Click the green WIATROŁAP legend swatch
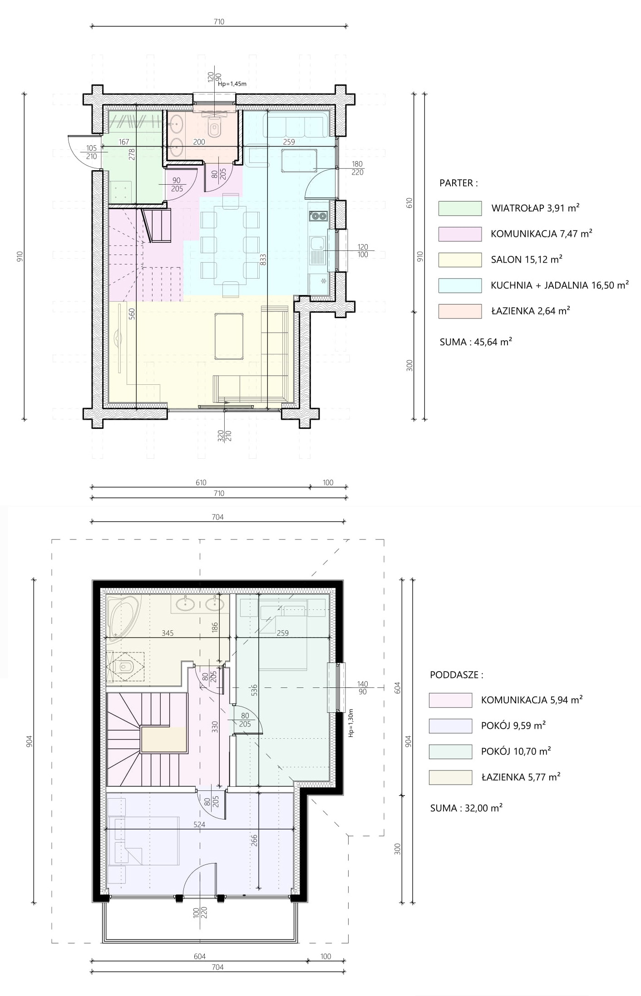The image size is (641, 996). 460,208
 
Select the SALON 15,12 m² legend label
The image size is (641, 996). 527,260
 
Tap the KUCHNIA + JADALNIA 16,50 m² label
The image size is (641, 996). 560,285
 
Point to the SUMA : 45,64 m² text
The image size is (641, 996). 476,342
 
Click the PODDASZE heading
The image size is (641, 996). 457,675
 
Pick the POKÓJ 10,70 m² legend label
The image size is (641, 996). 516,751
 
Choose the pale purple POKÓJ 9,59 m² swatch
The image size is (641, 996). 450,726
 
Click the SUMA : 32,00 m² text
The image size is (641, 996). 466,808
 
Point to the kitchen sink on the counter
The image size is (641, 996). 317,250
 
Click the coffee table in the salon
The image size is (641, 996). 229,336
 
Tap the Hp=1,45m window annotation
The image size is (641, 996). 232,83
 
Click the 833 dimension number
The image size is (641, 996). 263,260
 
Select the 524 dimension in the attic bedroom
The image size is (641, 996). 199,824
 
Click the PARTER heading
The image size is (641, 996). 459,183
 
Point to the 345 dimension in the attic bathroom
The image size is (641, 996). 168,633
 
